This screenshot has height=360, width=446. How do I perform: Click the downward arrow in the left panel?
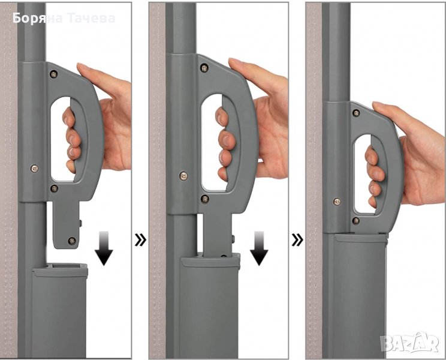coord(104,248)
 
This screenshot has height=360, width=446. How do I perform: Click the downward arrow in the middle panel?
coord(259,248)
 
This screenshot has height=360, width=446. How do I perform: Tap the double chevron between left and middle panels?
coord(140,240)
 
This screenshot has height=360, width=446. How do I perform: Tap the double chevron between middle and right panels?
coord(297,240)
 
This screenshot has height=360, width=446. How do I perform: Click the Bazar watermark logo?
coord(409,343)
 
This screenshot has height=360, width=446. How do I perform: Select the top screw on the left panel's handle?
coord(53,74)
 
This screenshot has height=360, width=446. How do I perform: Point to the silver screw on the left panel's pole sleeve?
coord(35,169)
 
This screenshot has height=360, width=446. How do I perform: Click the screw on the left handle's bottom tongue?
coord(72,241)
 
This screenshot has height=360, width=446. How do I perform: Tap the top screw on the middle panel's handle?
coord(204,68)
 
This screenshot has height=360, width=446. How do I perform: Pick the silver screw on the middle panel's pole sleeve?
coord(183,176)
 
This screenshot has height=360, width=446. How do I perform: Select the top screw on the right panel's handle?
coord(356,113)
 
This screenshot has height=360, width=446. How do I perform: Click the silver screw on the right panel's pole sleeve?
coord(337,202)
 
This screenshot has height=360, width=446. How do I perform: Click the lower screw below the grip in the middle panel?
coord(205,199)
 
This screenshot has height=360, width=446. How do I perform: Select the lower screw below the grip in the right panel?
coord(355,221)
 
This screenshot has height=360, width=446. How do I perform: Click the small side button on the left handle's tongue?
coord(80,223)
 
